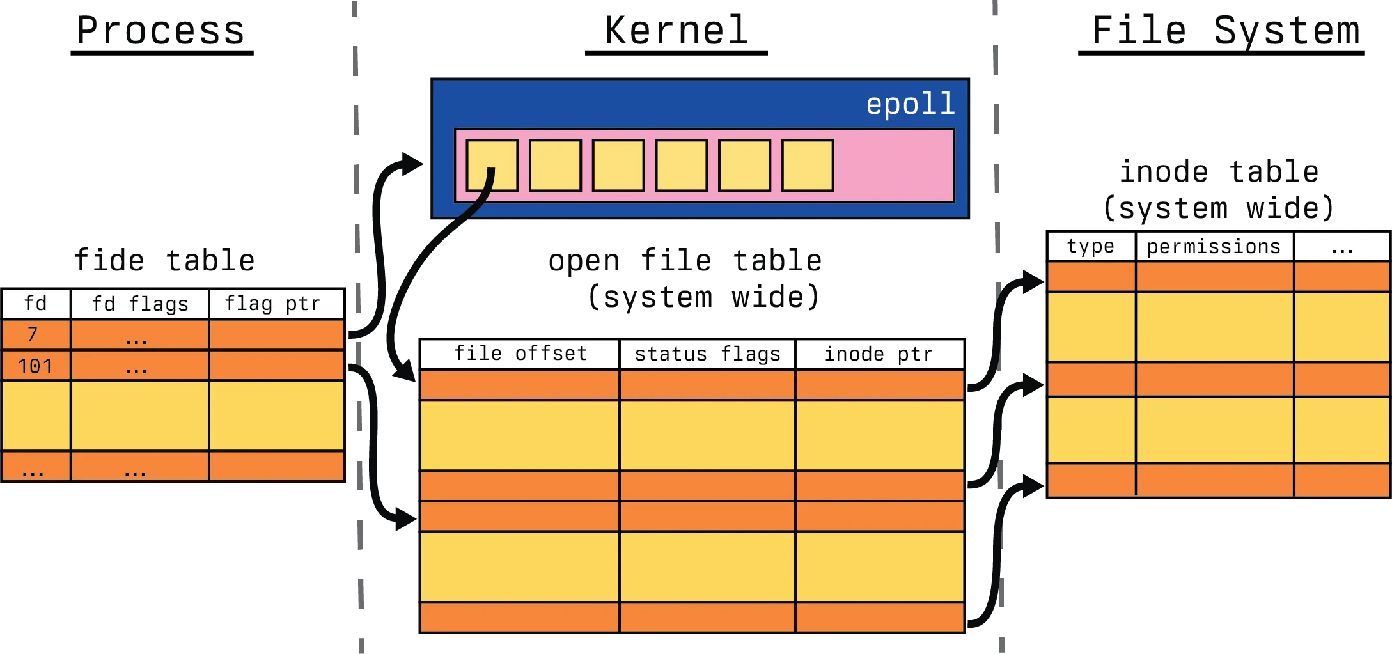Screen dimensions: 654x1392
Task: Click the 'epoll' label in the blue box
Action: pyautogui.click(x=910, y=104)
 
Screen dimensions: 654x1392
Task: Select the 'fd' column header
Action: pyautogui.click(x=36, y=304)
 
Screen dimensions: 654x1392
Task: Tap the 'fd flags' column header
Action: pyautogui.click(x=140, y=304)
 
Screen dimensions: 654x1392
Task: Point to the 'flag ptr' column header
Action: pyautogui.click(x=272, y=304)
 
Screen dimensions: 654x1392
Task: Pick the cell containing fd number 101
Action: pyautogui.click(x=35, y=366)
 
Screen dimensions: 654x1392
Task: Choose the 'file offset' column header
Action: pyautogui.click(x=520, y=354)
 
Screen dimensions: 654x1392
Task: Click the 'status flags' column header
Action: pyautogui.click(x=707, y=354)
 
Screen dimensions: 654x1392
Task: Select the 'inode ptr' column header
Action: pyautogui.click(x=879, y=354)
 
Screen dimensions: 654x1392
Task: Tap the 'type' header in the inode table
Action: pyautogui.click(x=1090, y=247)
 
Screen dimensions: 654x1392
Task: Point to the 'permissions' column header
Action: pyautogui.click(x=1214, y=247)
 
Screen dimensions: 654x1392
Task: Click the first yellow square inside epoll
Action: pyautogui.click(x=492, y=166)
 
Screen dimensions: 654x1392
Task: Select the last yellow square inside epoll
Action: pyautogui.click(x=807, y=166)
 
